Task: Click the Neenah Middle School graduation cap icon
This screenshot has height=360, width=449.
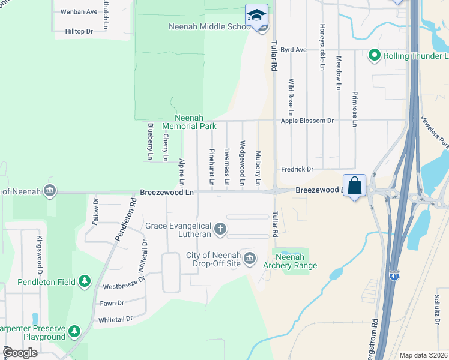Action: [256, 14]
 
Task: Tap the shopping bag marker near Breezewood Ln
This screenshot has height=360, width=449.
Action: [355, 185]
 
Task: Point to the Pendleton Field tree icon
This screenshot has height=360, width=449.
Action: [85, 281]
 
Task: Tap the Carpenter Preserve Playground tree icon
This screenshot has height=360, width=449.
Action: [74, 331]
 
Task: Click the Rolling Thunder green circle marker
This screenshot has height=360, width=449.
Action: [375, 56]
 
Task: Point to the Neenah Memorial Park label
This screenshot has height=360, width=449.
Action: [196, 122]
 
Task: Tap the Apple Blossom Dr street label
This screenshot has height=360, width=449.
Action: [307, 121]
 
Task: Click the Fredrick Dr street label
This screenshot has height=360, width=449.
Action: [297, 170]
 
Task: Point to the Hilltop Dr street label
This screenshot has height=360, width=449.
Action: [79, 31]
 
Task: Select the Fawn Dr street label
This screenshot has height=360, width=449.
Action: [112, 303]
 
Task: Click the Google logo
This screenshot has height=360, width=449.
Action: [20, 352]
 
